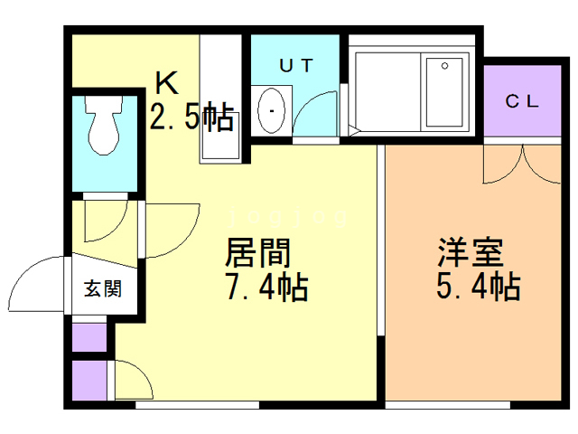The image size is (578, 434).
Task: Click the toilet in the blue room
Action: [x=101, y=127]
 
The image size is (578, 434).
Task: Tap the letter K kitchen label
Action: [x=166, y=84]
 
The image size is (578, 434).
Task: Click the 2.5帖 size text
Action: [x=191, y=118]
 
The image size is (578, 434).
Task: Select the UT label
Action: [x=294, y=64]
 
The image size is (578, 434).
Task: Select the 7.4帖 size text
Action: [x=266, y=288]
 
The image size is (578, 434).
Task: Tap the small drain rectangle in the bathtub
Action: [x=444, y=65]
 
